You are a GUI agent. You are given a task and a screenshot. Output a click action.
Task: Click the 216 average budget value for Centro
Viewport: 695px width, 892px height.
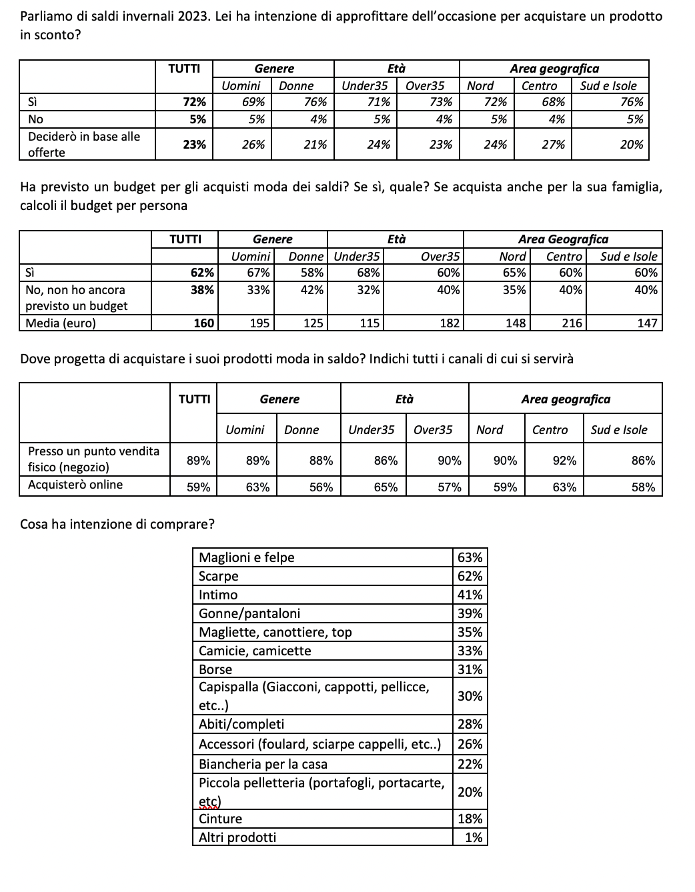click(572, 323)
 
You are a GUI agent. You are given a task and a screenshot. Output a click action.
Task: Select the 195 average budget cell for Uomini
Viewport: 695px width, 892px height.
click(259, 323)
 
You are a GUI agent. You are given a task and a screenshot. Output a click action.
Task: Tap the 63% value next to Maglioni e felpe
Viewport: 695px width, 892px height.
click(470, 557)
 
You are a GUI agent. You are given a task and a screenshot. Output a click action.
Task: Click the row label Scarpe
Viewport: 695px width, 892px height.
click(219, 576)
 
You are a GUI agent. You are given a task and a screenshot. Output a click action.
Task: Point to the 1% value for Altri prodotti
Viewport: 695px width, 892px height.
click(474, 837)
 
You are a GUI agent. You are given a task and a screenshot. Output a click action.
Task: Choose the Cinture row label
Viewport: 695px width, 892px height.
click(221, 819)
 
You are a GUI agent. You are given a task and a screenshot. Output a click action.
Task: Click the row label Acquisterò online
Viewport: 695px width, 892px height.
click(75, 485)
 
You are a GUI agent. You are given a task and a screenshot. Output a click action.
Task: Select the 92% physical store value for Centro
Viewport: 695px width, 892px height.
click(564, 461)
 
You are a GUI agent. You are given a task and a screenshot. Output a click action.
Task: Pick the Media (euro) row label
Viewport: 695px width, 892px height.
click(61, 323)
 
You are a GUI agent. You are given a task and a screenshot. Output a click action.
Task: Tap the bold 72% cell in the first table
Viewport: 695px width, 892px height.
click(195, 102)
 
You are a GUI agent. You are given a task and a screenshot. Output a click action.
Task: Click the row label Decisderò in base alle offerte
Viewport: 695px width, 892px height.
click(84, 144)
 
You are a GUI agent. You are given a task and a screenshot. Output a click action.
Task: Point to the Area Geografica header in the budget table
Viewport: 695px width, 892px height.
click(563, 239)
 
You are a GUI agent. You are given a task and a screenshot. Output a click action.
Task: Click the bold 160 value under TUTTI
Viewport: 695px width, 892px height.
click(203, 323)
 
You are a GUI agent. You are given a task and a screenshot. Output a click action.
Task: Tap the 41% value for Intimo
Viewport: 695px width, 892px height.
click(470, 595)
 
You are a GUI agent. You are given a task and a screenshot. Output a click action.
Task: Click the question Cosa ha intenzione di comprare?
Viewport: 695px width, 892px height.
click(117, 524)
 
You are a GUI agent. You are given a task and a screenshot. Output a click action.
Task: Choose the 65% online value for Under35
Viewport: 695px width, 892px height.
click(386, 487)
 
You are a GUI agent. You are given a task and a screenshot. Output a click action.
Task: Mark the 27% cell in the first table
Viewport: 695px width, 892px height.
click(554, 145)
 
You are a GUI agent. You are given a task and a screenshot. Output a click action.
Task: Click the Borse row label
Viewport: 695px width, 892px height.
click(215, 669)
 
